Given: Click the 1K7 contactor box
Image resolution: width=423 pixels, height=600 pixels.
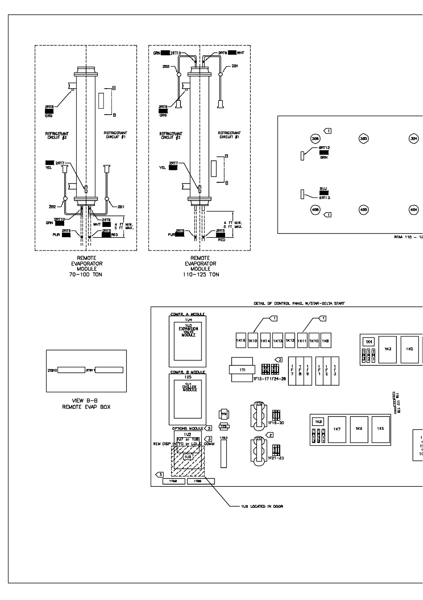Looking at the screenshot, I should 337,429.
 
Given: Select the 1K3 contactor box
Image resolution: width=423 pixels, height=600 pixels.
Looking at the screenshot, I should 388,349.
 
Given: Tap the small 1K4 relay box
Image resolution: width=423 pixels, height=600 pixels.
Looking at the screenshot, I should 369,342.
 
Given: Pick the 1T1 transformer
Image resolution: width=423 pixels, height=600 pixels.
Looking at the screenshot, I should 241,370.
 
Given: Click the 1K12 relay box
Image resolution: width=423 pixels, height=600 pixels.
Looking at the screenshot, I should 290,341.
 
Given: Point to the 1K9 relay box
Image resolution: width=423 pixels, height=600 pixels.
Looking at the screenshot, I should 326,341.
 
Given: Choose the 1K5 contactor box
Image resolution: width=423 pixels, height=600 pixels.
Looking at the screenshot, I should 380,429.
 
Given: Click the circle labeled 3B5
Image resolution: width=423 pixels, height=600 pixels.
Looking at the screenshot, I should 363,139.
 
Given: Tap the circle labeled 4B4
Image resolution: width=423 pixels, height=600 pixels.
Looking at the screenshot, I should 413,210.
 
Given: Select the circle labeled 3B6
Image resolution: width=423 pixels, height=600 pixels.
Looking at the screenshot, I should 315,139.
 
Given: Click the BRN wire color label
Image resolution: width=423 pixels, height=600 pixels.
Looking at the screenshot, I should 324,158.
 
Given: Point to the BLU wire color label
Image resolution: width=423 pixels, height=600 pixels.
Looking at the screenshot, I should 324,189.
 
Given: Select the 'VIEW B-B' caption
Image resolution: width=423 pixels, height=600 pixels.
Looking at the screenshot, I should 86,401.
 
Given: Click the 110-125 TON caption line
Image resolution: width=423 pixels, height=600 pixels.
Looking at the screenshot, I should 201,275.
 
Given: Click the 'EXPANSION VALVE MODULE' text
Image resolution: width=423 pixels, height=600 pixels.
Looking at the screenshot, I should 188,332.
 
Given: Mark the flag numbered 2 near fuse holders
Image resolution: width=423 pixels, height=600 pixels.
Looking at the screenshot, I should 269,435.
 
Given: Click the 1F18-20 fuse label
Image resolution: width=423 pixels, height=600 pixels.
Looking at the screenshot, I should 275,423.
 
